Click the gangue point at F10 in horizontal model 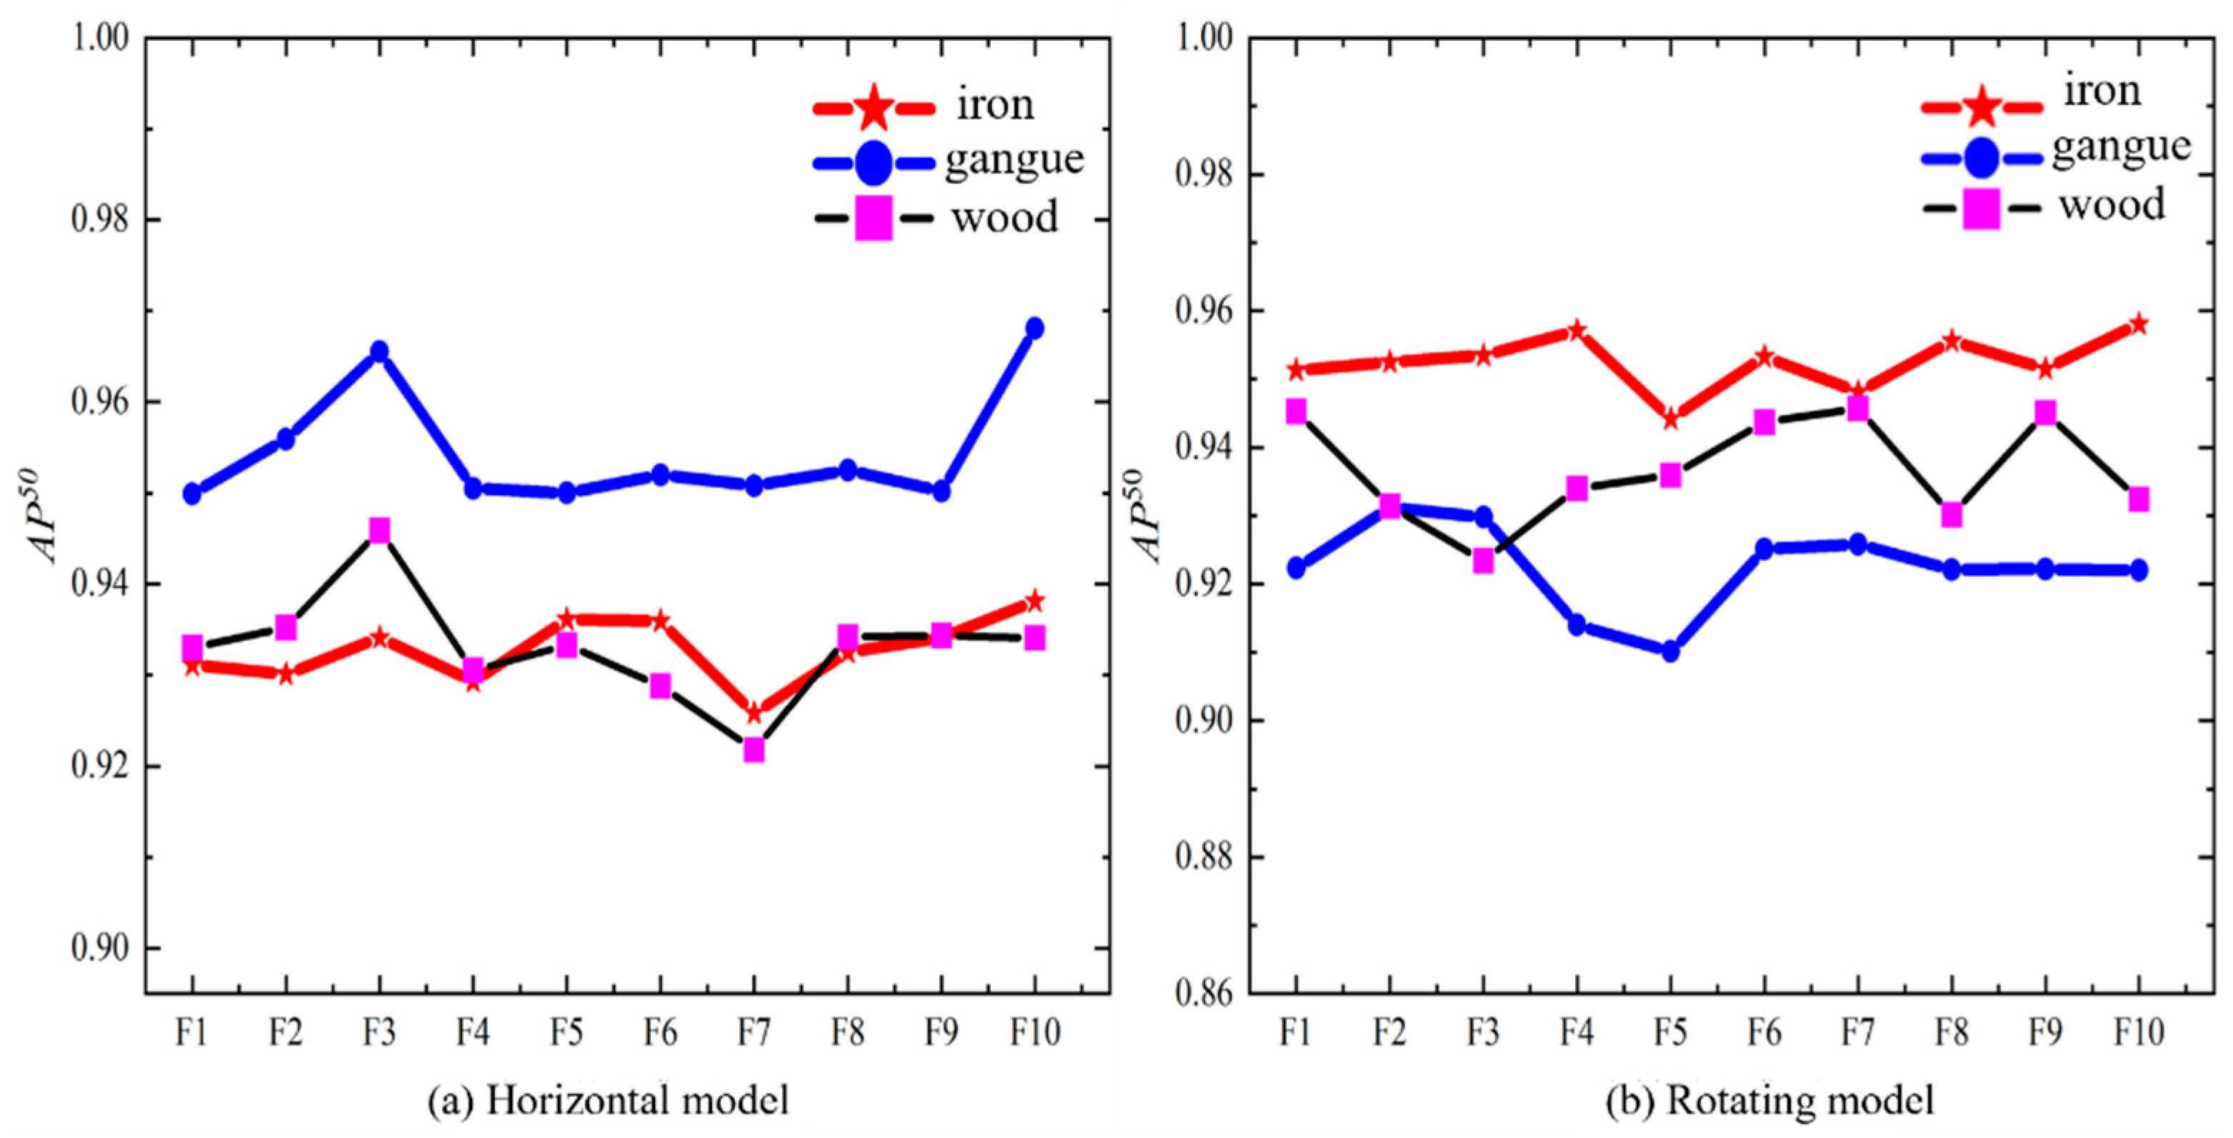coord(1034,328)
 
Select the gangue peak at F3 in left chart coord(379,351)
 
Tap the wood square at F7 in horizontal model coord(754,749)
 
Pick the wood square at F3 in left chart coord(379,529)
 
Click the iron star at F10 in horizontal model coord(1034,601)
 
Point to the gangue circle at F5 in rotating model coord(1670,651)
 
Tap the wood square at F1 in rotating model coord(1296,411)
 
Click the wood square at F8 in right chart coord(1952,515)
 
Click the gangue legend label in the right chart coord(2120,146)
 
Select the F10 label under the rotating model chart coord(2139,1032)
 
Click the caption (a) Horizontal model coord(609,1101)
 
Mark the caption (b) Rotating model coord(1769,1101)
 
